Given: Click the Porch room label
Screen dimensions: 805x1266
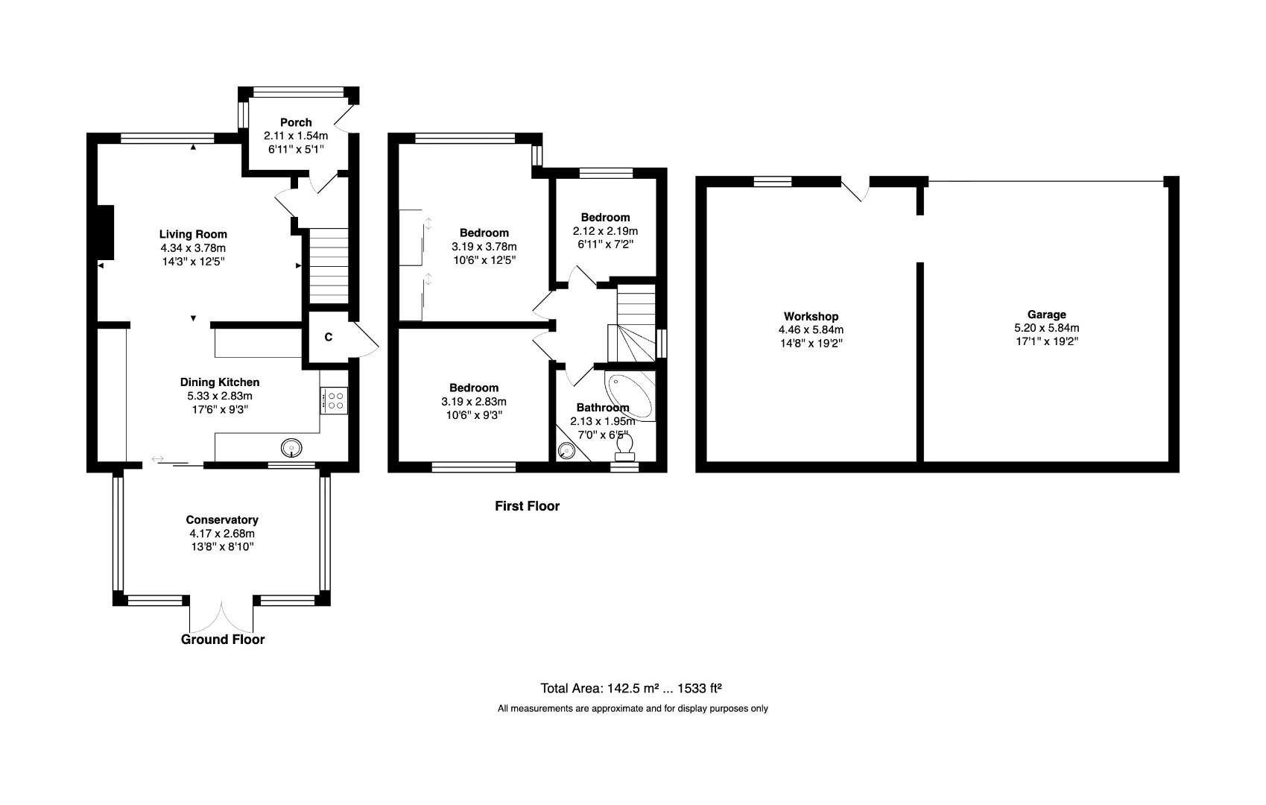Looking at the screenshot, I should coord(296,122).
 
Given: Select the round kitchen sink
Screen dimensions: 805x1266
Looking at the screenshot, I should coord(291,448).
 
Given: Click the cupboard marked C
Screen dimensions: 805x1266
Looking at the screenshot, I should coord(328,338).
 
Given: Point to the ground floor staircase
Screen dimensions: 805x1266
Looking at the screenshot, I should coord(329,265).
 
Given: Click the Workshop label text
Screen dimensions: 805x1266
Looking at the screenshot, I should coord(811,317).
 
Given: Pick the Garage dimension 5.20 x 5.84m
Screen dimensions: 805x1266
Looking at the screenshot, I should coord(1046,328).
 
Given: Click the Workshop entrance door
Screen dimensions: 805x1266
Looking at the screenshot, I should coord(857,189).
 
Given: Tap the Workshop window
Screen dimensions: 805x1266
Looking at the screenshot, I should coord(772,181).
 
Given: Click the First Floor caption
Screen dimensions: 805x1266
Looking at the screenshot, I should coord(527,506).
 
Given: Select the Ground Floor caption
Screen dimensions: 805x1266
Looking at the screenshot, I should coord(222,640).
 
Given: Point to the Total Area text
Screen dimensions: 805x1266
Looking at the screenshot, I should coord(630,689).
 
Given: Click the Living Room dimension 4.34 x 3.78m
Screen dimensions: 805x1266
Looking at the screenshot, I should coord(192,247).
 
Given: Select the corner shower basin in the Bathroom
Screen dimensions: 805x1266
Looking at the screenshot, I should coord(567,451).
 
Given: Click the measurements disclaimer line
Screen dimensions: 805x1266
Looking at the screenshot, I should coord(632,709).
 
